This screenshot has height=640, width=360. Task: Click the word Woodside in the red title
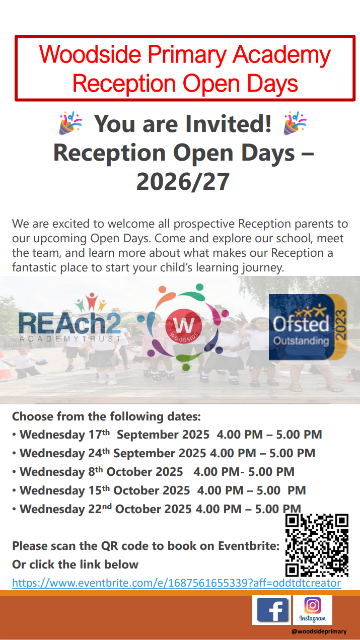tap(90, 54)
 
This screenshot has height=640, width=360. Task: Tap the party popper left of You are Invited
tap(70, 123)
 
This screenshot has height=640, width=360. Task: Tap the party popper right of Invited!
tap(295, 123)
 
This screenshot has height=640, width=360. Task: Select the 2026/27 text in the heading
tap(183, 182)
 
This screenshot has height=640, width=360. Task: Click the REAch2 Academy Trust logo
tap(70, 318)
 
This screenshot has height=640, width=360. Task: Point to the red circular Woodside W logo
tap(183, 326)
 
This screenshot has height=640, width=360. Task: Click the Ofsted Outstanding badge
tap(308, 327)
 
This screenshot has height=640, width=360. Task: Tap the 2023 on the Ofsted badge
tap(340, 325)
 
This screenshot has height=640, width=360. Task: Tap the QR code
tap(317, 545)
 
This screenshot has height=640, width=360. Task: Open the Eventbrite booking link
tap(176, 583)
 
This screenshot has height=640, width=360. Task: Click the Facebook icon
tap(272, 610)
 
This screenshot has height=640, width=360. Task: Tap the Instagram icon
tap(313, 610)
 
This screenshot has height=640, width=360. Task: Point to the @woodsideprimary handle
tap(319, 631)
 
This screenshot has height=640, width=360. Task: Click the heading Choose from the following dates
tap(106, 416)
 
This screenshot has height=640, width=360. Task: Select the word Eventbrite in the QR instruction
tap(249, 546)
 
